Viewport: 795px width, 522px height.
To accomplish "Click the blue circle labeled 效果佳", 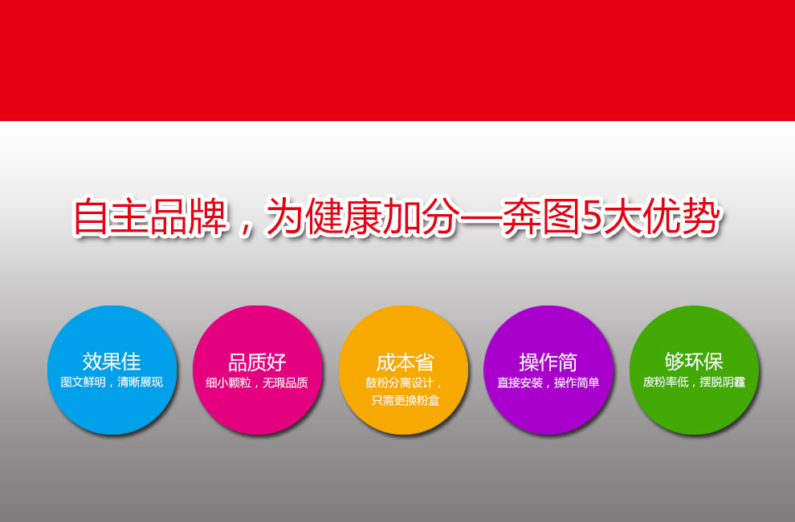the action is (112, 370).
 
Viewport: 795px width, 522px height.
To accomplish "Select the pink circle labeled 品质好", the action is (258, 370).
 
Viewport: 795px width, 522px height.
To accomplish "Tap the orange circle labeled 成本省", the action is (404, 370).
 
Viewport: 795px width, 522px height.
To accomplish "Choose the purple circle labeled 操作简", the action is (548, 370).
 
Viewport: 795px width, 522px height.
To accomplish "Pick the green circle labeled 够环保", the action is (694, 370).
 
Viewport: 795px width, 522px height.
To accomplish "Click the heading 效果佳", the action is (112, 362).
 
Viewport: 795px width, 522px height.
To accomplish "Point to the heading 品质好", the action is (257, 362).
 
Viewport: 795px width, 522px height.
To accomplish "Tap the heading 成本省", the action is (405, 363).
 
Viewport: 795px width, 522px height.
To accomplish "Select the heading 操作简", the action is (548, 362).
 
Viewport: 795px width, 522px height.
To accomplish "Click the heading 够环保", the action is (694, 362).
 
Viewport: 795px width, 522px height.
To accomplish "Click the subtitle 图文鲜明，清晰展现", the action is (112, 382).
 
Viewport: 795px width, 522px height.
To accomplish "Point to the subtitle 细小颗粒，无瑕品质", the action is (257, 382).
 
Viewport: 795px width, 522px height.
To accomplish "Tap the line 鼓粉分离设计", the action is (400, 382).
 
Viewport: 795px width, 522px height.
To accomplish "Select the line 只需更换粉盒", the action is (406, 400).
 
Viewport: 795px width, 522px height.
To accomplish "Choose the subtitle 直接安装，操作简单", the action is (548, 382).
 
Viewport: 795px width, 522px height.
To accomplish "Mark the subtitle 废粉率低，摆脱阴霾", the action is (694, 382).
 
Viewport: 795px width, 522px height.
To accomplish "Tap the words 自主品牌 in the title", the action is (150, 216).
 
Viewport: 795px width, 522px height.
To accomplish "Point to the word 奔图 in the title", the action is (541, 216).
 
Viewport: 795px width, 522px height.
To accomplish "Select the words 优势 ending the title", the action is (681, 216).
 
